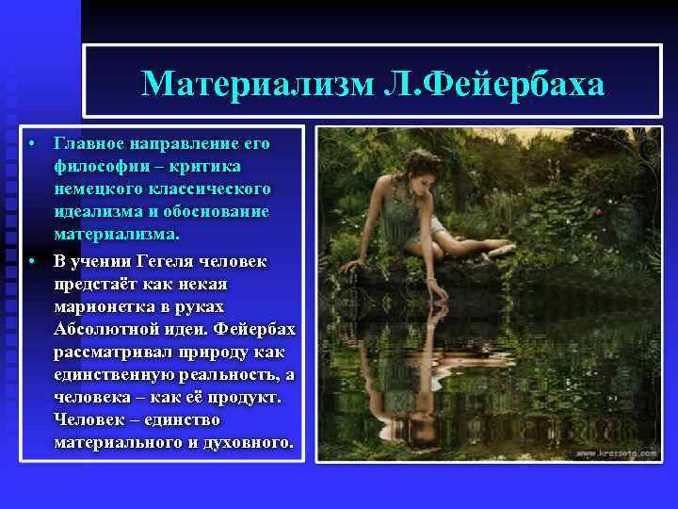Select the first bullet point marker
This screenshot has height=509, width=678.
click(31, 144)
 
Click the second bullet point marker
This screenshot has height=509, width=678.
click(31, 261)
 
